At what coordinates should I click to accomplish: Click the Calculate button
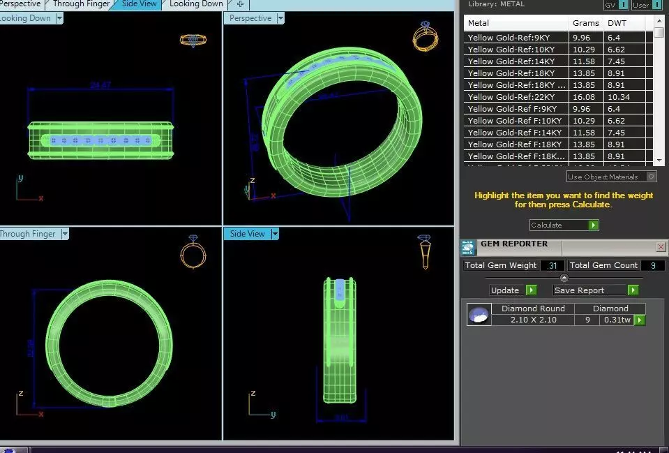pos(564,225)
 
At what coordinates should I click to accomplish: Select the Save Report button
pos(596,290)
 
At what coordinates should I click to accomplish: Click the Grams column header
pos(586,23)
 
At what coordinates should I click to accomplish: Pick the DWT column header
pos(617,23)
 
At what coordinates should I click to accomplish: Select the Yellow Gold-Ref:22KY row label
pos(511,97)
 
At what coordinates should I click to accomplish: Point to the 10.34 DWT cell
pos(619,97)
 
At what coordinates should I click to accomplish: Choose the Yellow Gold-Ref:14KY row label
pos(511,61)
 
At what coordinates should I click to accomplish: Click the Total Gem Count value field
pos(652,265)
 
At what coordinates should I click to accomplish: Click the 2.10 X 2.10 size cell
pos(533,320)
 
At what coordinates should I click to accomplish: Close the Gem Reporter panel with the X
pos(661,247)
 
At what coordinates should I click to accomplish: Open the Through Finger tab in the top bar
pos(81,4)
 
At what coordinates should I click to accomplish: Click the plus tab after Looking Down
pos(240,4)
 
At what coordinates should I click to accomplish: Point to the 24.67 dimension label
pos(100,86)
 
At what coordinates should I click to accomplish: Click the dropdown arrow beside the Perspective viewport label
pos(280,19)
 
